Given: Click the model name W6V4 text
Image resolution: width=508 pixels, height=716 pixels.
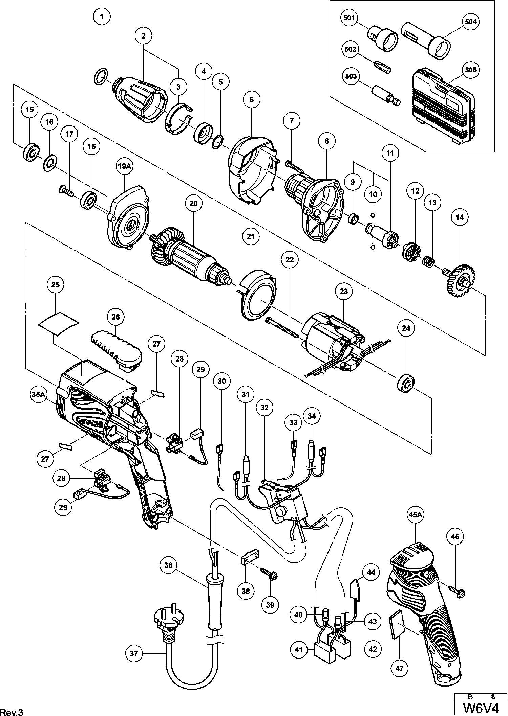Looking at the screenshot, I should (x=481, y=708).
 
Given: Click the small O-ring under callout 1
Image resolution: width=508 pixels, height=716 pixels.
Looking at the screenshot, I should (x=100, y=77).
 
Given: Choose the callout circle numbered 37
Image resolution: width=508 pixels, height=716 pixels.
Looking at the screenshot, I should (x=134, y=653).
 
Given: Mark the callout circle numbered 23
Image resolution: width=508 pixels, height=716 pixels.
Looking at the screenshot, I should (x=344, y=292).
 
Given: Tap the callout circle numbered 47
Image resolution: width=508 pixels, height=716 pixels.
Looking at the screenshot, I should (x=400, y=668).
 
